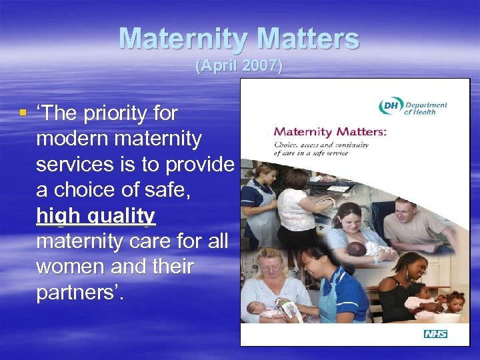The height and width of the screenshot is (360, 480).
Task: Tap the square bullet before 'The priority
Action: coord(23,113)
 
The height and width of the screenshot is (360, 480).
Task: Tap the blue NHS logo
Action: coord(435,333)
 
